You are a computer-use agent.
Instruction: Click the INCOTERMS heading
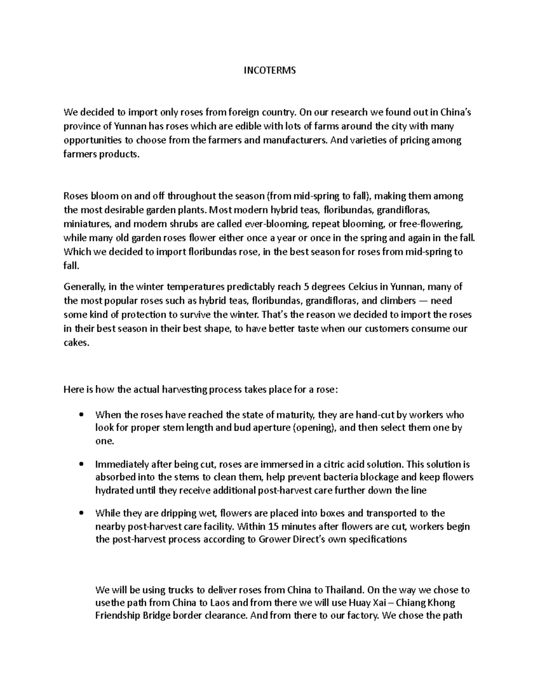point(270,71)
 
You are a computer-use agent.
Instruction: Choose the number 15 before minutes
point(272,526)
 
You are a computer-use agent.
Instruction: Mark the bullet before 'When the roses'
point(81,414)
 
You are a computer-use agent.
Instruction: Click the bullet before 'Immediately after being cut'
point(81,464)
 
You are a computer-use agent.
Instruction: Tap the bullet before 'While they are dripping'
point(81,513)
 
